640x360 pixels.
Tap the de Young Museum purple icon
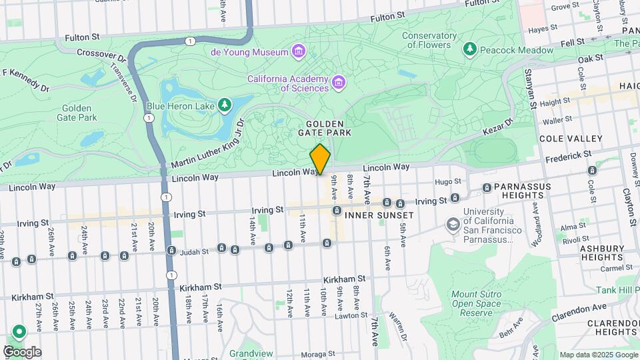coord(299,52)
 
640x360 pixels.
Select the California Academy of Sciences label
coord(288,83)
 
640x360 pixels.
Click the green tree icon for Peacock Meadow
coord(471,49)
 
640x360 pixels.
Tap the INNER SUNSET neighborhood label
coord(379,215)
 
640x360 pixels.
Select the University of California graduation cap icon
coord(454,226)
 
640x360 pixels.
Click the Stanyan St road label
coord(531,91)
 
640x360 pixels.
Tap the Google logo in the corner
coord(22,351)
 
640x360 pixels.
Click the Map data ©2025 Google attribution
coord(598,355)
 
